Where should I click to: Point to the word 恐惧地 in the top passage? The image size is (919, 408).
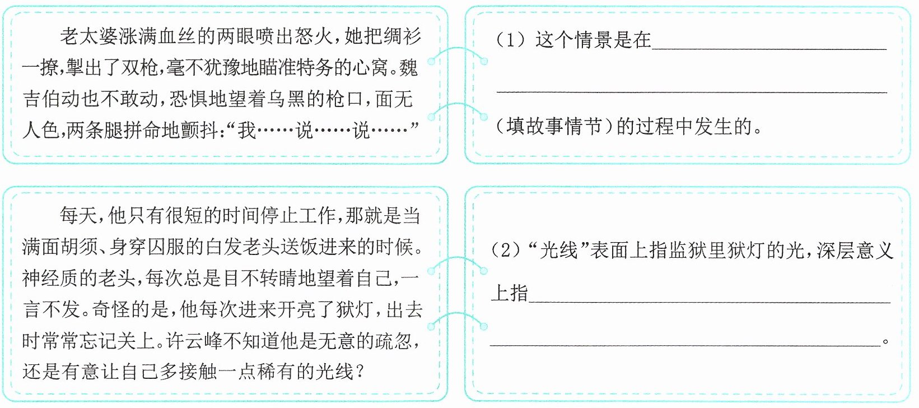coord(199,99)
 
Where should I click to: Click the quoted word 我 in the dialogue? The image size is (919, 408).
coord(246,130)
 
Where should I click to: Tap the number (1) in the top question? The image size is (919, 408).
coord(511,40)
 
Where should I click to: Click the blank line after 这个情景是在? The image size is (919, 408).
coord(769,49)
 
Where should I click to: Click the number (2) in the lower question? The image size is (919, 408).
coord(507,249)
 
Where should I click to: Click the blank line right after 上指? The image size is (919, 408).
coord(710,302)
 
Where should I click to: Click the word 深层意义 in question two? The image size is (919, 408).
coord(855,249)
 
